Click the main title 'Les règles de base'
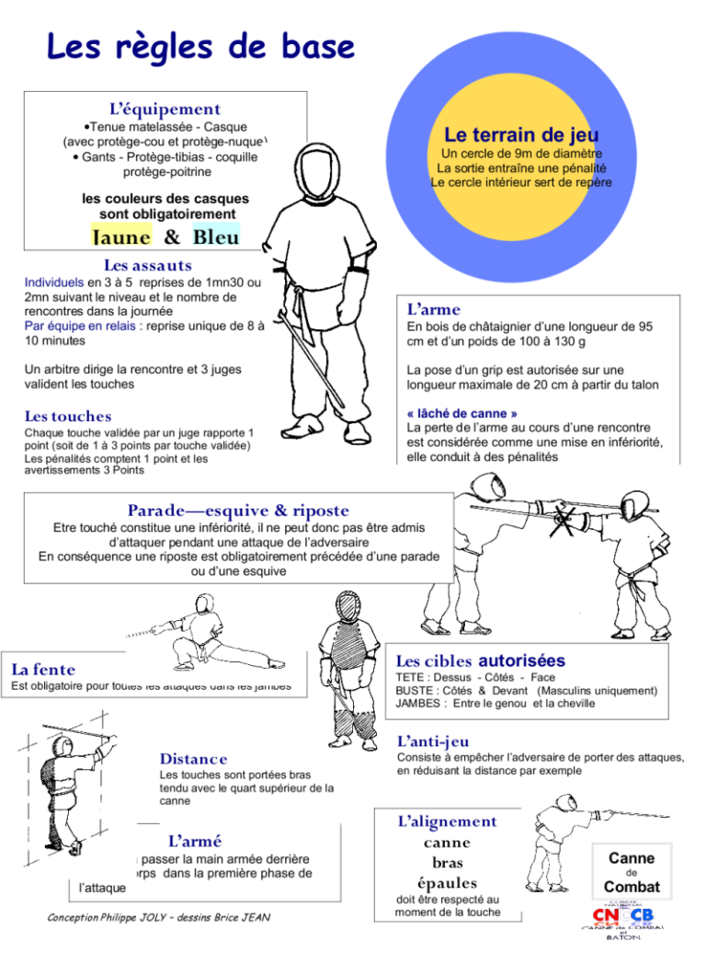(200, 46)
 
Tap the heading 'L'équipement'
(165, 109)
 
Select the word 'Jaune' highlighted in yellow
(120, 236)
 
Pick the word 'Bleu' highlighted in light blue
(216, 236)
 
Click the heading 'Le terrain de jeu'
(521, 135)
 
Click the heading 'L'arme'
(434, 310)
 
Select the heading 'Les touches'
(68, 417)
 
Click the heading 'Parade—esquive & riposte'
(238, 511)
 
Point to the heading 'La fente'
(43, 670)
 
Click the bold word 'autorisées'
(522, 660)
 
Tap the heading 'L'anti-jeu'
(433, 741)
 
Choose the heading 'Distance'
(193, 759)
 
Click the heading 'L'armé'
(195, 841)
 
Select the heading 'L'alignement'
(447, 821)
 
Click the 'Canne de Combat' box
(632, 871)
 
